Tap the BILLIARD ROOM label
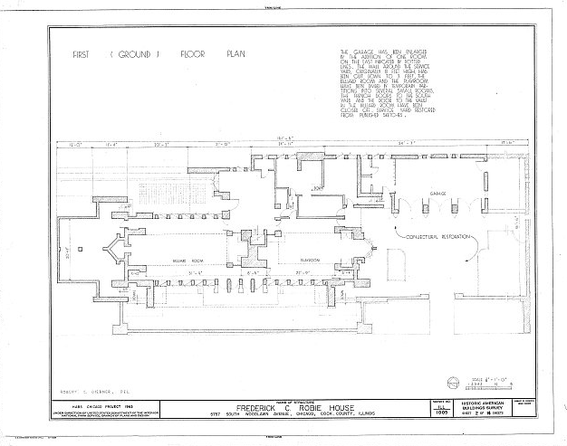click(186, 259)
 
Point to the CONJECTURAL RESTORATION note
click(441, 236)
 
